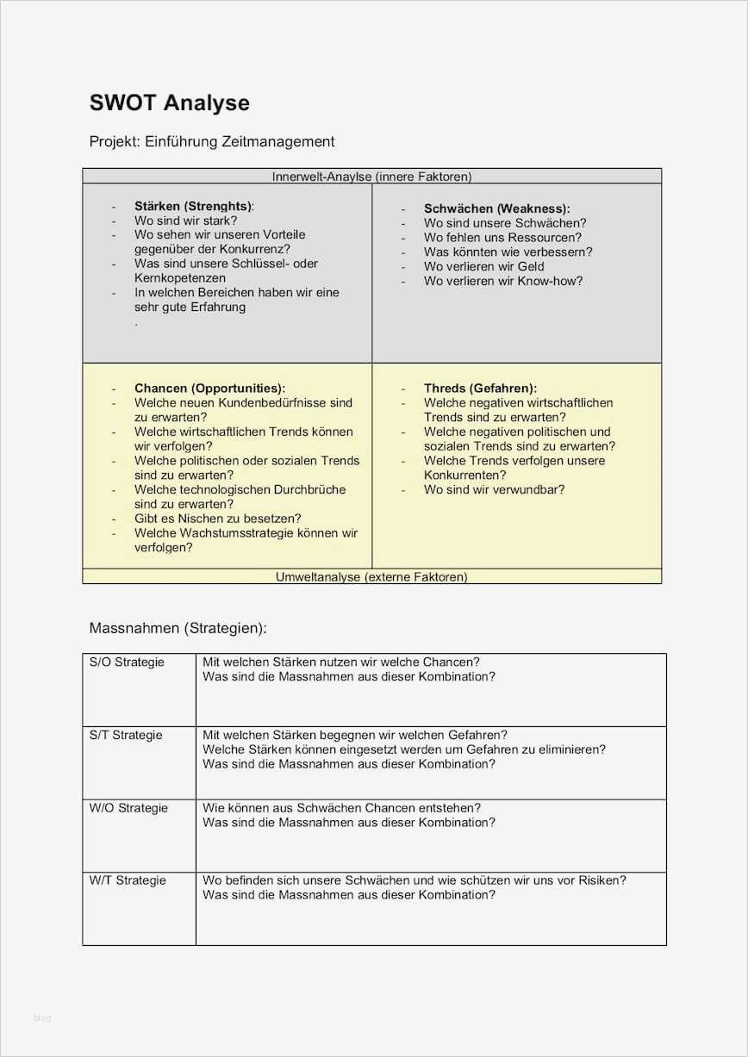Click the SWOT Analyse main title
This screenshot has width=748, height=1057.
point(169,103)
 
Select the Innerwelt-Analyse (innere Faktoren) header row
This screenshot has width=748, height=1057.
point(371,177)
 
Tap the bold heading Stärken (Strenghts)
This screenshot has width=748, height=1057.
point(194,206)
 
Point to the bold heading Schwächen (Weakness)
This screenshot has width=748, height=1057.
point(496,208)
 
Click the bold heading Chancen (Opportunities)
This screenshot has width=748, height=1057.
point(209,389)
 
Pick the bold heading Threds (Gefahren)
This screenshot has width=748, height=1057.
point(480,389)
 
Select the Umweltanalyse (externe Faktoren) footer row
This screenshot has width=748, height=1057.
point(371,576)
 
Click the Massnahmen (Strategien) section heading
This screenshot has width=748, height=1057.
point(178,628)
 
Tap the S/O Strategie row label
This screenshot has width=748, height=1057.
point(127,662)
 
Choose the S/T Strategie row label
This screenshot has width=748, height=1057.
point(126,735)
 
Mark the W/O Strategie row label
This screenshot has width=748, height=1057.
point(128,808)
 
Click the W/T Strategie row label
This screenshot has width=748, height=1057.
point(128,880)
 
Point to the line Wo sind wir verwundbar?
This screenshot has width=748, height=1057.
point(494,489)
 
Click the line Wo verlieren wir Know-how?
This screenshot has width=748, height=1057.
point(503,281)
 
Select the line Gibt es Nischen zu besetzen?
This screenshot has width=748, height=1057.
point(217,519)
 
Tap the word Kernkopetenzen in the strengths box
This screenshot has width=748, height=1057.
point(180,278)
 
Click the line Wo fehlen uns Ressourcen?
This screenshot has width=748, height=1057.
point(502,237)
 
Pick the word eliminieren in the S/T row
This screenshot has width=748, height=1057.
point(568,749)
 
